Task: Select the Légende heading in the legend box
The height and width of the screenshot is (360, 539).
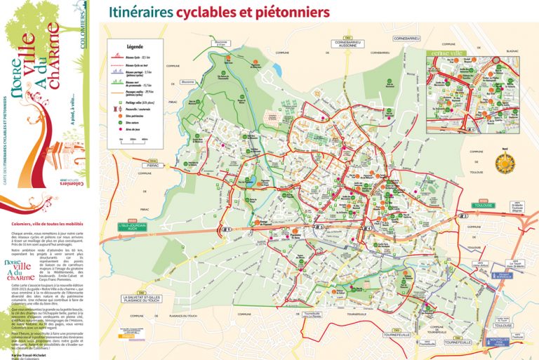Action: [x=134, y=46]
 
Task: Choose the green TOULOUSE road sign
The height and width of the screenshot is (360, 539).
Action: [x=483, y=206]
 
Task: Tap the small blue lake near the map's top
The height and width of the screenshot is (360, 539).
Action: [x=277, y=70]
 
